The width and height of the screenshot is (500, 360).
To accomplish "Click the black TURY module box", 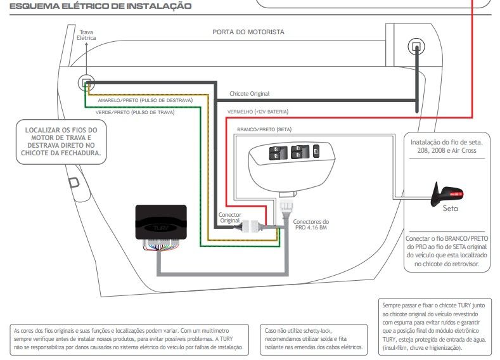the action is pos(161,222).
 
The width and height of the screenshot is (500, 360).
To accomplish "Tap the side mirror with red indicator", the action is pos(447,194).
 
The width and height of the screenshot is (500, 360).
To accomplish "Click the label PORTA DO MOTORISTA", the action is pos(248,32).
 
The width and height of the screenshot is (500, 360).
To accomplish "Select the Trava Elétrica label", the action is pos(86,35).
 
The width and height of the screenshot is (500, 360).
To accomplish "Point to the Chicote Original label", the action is pos(249,94).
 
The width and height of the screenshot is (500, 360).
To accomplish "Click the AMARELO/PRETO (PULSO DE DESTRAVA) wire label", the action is pos(145,100).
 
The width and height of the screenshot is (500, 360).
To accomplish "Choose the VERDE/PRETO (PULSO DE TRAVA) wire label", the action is pos(135,112).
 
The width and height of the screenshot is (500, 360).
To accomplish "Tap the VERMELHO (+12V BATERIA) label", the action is pos(258,112).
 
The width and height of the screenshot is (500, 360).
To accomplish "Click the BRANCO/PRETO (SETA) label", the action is pos(264,129).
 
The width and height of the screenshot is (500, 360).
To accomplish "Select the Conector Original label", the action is pos(229,217).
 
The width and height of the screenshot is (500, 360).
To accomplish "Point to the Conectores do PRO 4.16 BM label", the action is pos(311,224).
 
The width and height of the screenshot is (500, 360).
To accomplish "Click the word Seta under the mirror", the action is pos(451,209).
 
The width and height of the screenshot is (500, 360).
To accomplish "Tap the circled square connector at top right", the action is pos(416,46).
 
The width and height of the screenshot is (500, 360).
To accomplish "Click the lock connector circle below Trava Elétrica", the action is pos(86,83).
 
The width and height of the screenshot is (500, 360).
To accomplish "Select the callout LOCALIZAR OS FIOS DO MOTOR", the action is pos(61,141).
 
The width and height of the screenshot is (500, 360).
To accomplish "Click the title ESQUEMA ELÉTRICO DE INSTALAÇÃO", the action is pos(101,6).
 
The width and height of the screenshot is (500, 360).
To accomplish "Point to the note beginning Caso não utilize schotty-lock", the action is pos(314,339).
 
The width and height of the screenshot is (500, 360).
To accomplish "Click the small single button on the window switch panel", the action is pos(316,151).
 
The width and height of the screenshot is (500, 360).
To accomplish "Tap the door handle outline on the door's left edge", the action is pos(74,183).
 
